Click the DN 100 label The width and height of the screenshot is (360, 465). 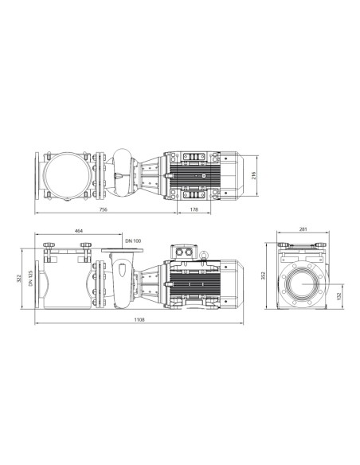click(134, 239)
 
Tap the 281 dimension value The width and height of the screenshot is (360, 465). click(303, 230)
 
